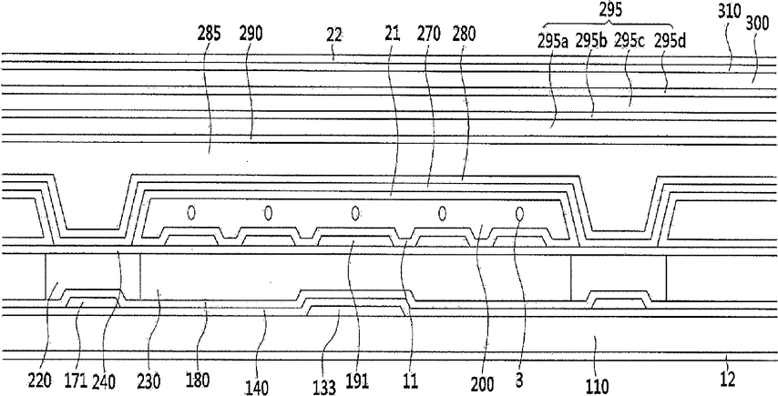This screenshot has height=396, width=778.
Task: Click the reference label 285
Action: (209, 35)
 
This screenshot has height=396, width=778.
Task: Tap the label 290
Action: (251, 35)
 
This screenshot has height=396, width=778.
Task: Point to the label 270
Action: (429, 35)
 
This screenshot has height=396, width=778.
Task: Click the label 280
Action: (464, 35)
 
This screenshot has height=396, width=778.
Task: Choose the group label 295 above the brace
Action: (609, 10)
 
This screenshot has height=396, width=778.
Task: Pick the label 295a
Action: (553, 43)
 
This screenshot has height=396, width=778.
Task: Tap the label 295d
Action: (670, 42)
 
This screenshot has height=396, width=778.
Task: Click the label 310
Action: (728, 12)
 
